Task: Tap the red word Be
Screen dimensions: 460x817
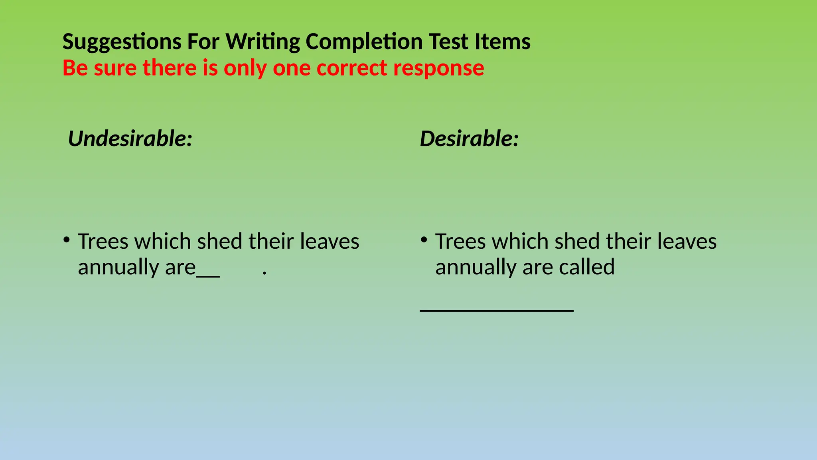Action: pos(75,68)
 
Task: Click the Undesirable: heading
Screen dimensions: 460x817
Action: pos(130,139)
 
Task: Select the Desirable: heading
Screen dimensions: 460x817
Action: pos(469,139)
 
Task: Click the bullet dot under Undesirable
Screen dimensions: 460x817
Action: pos(66,240)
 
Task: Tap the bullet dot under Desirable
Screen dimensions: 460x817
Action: pos(424,240)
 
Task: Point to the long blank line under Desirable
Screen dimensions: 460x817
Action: pos(497,310)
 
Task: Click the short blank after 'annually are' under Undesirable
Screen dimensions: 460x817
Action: pos(208,275)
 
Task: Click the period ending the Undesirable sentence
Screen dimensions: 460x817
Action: pos(264,274)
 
